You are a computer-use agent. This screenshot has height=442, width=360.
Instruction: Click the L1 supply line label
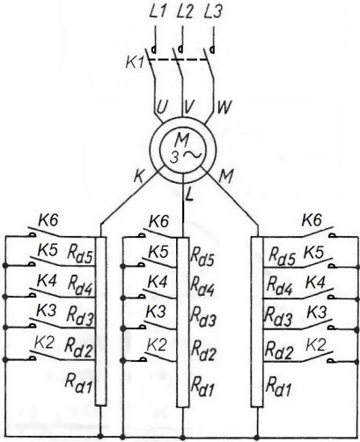point(158,12)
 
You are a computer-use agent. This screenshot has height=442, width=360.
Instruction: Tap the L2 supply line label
point(186,12)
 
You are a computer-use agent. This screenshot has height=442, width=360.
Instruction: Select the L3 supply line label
point(213,12)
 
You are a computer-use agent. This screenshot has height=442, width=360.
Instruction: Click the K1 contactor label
point(135,63)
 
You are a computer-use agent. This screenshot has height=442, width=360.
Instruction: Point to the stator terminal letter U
point(162,107)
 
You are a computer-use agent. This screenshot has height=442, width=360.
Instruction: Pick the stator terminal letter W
point(224,107)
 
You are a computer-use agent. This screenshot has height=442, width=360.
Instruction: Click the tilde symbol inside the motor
point(193,154)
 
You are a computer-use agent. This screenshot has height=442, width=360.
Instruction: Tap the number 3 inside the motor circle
point(174,158)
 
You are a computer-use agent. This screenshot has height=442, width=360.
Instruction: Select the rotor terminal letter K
point(139,176)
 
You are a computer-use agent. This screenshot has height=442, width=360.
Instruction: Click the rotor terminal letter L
point(189,195)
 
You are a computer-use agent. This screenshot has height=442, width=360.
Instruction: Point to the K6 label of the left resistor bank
point(48,220)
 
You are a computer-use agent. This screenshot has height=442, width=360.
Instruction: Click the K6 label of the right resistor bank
point(312,220)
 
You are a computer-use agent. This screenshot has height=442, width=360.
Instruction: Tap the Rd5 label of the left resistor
point(80,254)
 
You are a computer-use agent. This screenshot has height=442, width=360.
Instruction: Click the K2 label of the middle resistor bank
point(157,345)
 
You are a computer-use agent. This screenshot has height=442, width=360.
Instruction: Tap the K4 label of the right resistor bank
point(315,283)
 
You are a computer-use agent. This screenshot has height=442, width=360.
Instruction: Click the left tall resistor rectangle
point(101,321)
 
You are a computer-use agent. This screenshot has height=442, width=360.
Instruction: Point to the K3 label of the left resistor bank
point(46,311)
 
